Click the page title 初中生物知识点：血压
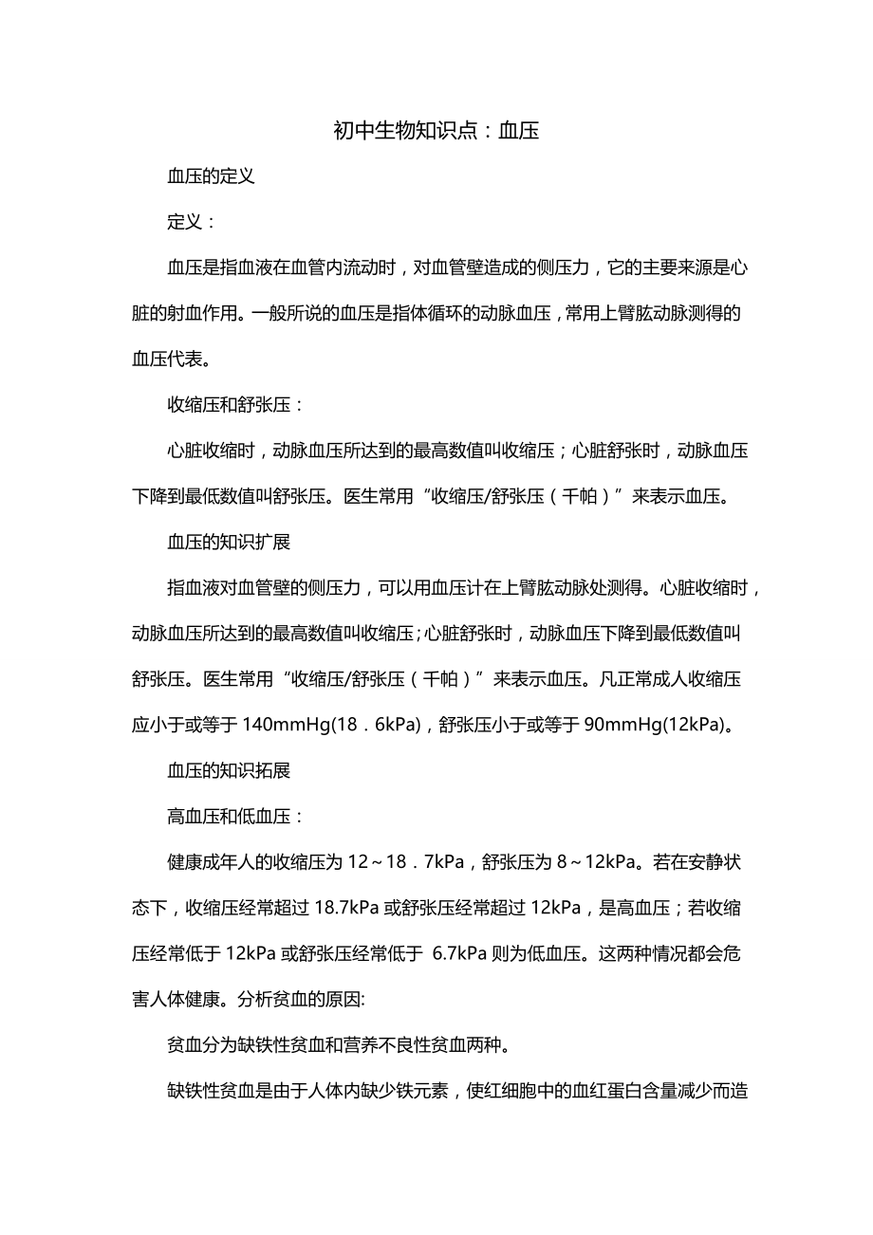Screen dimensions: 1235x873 [x=436, y=131]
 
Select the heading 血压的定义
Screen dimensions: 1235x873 [x=211, y=176]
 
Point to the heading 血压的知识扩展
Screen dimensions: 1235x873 [x=229, y=543]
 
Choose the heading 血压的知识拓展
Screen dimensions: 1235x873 [x=229, y=770]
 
